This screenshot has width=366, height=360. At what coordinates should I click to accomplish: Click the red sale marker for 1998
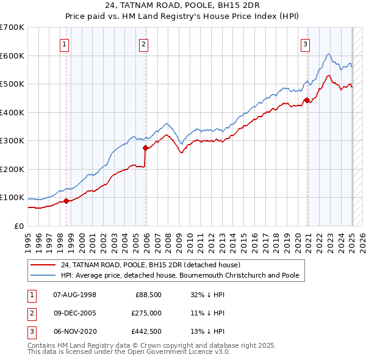point(66,201)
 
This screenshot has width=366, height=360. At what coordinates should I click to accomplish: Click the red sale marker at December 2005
point(146,148)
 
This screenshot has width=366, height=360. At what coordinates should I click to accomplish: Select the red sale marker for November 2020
point(307,101)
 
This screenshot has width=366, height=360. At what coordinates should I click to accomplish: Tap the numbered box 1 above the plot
point(64,44)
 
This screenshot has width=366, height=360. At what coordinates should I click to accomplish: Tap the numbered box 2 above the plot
point(143,44)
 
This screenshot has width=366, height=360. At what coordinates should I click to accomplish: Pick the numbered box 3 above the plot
point(304,44)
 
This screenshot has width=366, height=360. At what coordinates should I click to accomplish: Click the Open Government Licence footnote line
point(128,352)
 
